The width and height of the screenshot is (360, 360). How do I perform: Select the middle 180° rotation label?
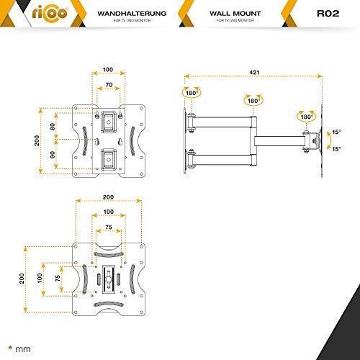(253, 101)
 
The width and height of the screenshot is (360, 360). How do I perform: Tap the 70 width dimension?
(107, 85)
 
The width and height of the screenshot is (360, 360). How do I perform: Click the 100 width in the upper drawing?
(107, 71)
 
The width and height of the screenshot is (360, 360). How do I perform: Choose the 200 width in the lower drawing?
(107, 196)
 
